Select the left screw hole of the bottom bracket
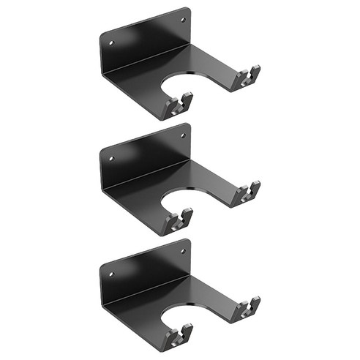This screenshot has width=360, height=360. (x=112, y=274)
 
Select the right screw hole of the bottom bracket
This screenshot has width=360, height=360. (x=180, y=252)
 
